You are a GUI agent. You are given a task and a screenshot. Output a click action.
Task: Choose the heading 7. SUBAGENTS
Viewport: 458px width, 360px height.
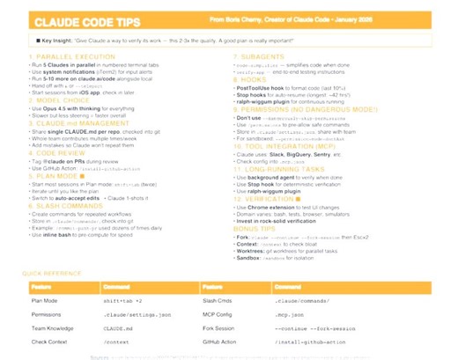pyautogui.click(x=264, y=56)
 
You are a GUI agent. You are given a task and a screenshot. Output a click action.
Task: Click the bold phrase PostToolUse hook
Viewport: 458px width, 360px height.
pyautogui.click(x=261, y=87)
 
